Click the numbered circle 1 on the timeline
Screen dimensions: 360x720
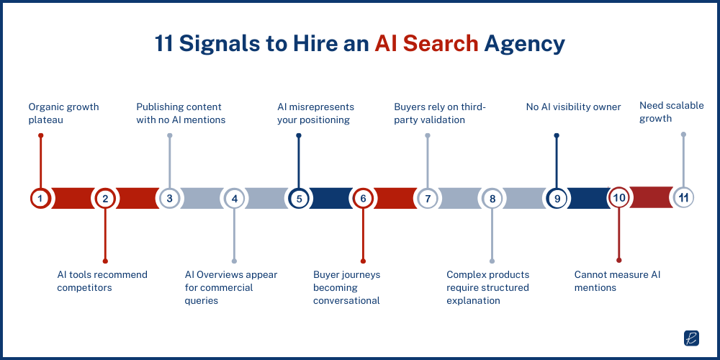pyautogui.click(x=40, y=198)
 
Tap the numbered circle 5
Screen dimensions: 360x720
pyautogui.click(x=298, y=198)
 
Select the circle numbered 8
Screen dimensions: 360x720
pyautogui.click(x=492, y=198)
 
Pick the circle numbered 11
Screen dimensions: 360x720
pyautogui.click(x=683, y=197)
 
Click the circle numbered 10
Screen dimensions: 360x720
pyautogui.click(x=618, y=198)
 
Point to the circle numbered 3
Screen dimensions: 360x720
pyautogui.click(x=169, y=198)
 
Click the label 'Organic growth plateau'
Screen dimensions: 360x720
pyautogui.click(x=63, y=113)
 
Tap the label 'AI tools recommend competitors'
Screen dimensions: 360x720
pyautogui.click(x=102, y=281)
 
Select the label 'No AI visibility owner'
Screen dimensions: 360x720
pyautogui.click(x=573, y=107)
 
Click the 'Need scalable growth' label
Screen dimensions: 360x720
pyautogui.click(x=671, y=112)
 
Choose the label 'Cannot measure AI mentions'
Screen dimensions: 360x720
pyautogui.click(x=617, y=281)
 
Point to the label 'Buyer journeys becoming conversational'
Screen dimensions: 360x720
pyautogui.click(x=346, y=287)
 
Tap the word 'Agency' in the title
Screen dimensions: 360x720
pyautogui.click(x=524, y=44)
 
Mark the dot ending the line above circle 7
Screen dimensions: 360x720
pyautogui.click(x=428, y=135)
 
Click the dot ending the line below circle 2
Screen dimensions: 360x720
pyautogui.click(x=105, y=261)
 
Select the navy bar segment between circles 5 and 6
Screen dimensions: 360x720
pyautogui.click(x=330, y=198)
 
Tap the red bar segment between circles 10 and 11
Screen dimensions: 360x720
pyautogui.click(x=651, y=197)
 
